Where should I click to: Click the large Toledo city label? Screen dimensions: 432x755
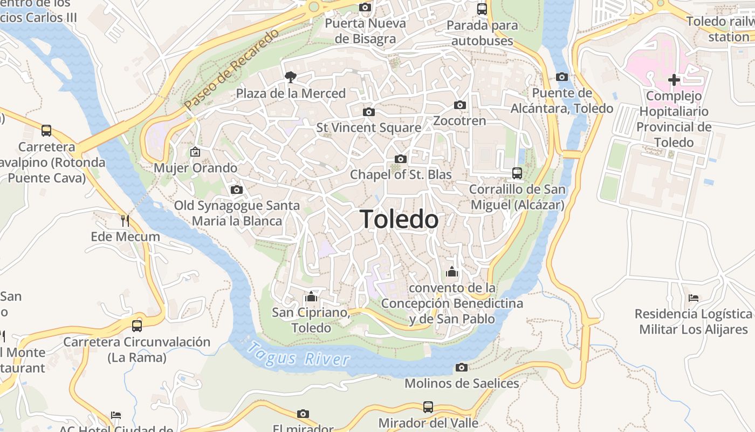399,219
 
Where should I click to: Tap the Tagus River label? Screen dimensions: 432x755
298,353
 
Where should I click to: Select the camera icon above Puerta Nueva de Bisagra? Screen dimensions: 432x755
365,8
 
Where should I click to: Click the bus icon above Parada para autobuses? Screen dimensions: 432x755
482,9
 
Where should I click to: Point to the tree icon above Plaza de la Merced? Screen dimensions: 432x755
291,77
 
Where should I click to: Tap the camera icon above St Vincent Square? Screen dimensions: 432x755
369,112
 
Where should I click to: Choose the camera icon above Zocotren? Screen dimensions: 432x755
460,105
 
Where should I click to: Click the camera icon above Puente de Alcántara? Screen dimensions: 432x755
562,77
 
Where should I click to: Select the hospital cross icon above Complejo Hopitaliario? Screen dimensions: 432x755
674,80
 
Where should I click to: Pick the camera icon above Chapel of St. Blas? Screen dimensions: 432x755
400,159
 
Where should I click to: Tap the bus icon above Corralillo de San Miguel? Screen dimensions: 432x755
517,173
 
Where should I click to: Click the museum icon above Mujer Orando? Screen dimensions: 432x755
195,152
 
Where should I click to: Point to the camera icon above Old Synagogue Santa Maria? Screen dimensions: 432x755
236,190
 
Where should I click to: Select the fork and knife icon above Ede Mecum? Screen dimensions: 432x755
125,220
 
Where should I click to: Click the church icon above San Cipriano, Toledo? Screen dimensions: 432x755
311,296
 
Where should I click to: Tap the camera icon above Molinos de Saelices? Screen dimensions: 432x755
462,367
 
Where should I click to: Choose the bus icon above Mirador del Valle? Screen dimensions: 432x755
428,407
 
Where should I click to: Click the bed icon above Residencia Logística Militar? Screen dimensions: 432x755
694,298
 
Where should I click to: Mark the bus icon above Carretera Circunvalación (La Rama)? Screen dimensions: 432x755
137,326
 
